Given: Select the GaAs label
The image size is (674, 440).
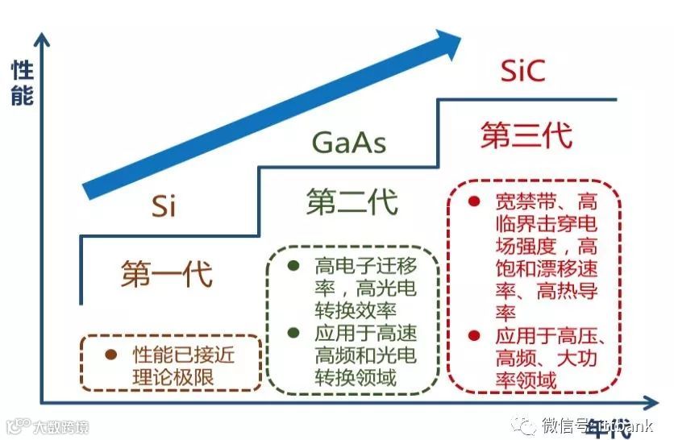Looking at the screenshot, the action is tap(348, 143).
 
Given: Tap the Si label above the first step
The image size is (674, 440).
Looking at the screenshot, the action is tap(163, 206).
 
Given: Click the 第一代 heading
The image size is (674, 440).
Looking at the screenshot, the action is tap(167, 273).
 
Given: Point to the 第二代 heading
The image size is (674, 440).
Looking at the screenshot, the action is tap(352, 201).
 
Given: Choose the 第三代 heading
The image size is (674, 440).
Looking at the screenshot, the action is tap(526, 135).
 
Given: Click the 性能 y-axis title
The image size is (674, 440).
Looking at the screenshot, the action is tap(22, 83).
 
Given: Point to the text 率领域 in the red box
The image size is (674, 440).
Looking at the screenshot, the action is tap(526, 379).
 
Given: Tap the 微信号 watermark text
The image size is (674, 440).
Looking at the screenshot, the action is tap(563, 425).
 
